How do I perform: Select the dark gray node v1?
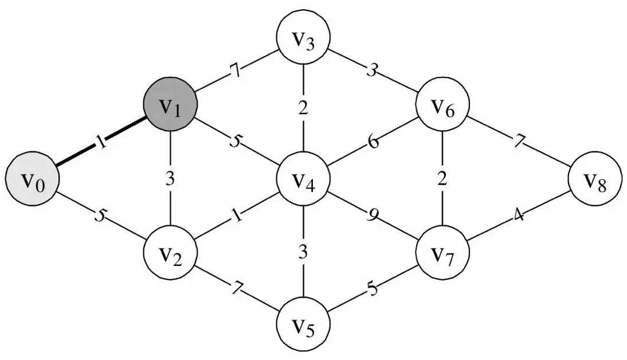(170, 107)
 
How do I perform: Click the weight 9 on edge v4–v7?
(373, 217)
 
